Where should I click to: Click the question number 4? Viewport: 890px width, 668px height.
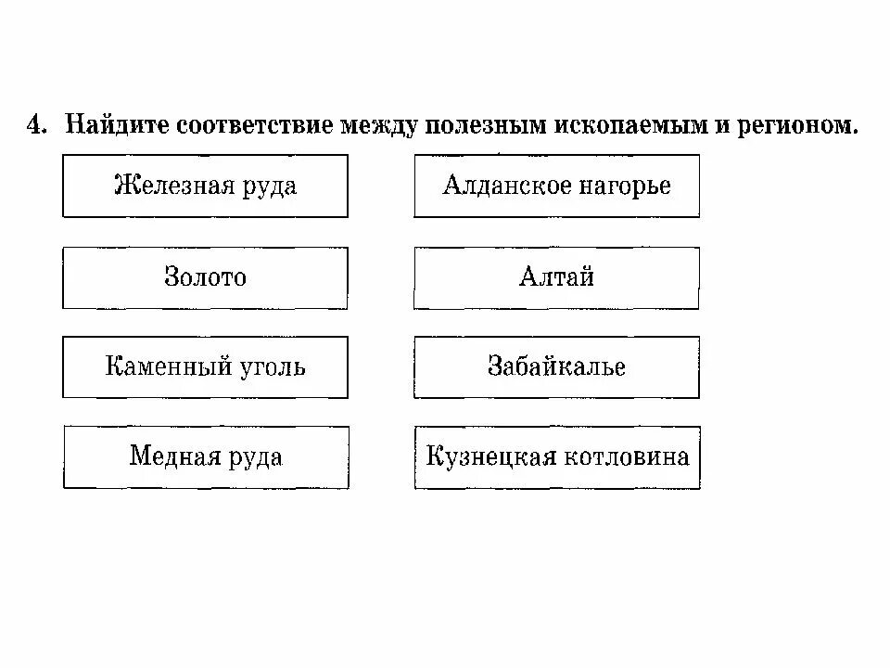click(34, 126)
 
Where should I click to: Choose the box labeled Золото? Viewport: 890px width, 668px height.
click(205, 277)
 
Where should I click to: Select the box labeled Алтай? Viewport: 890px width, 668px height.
click(556, 277)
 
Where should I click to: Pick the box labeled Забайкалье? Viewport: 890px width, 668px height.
click(556, 366)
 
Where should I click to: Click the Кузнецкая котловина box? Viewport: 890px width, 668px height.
click(557, 457)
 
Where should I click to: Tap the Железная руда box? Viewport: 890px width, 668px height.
click(205, 186)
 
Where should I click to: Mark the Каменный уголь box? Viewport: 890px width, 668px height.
click(205, 366)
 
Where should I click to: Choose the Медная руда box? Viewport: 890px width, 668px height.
click(206, 457)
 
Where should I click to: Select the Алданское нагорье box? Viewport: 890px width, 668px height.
click(556, 186)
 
